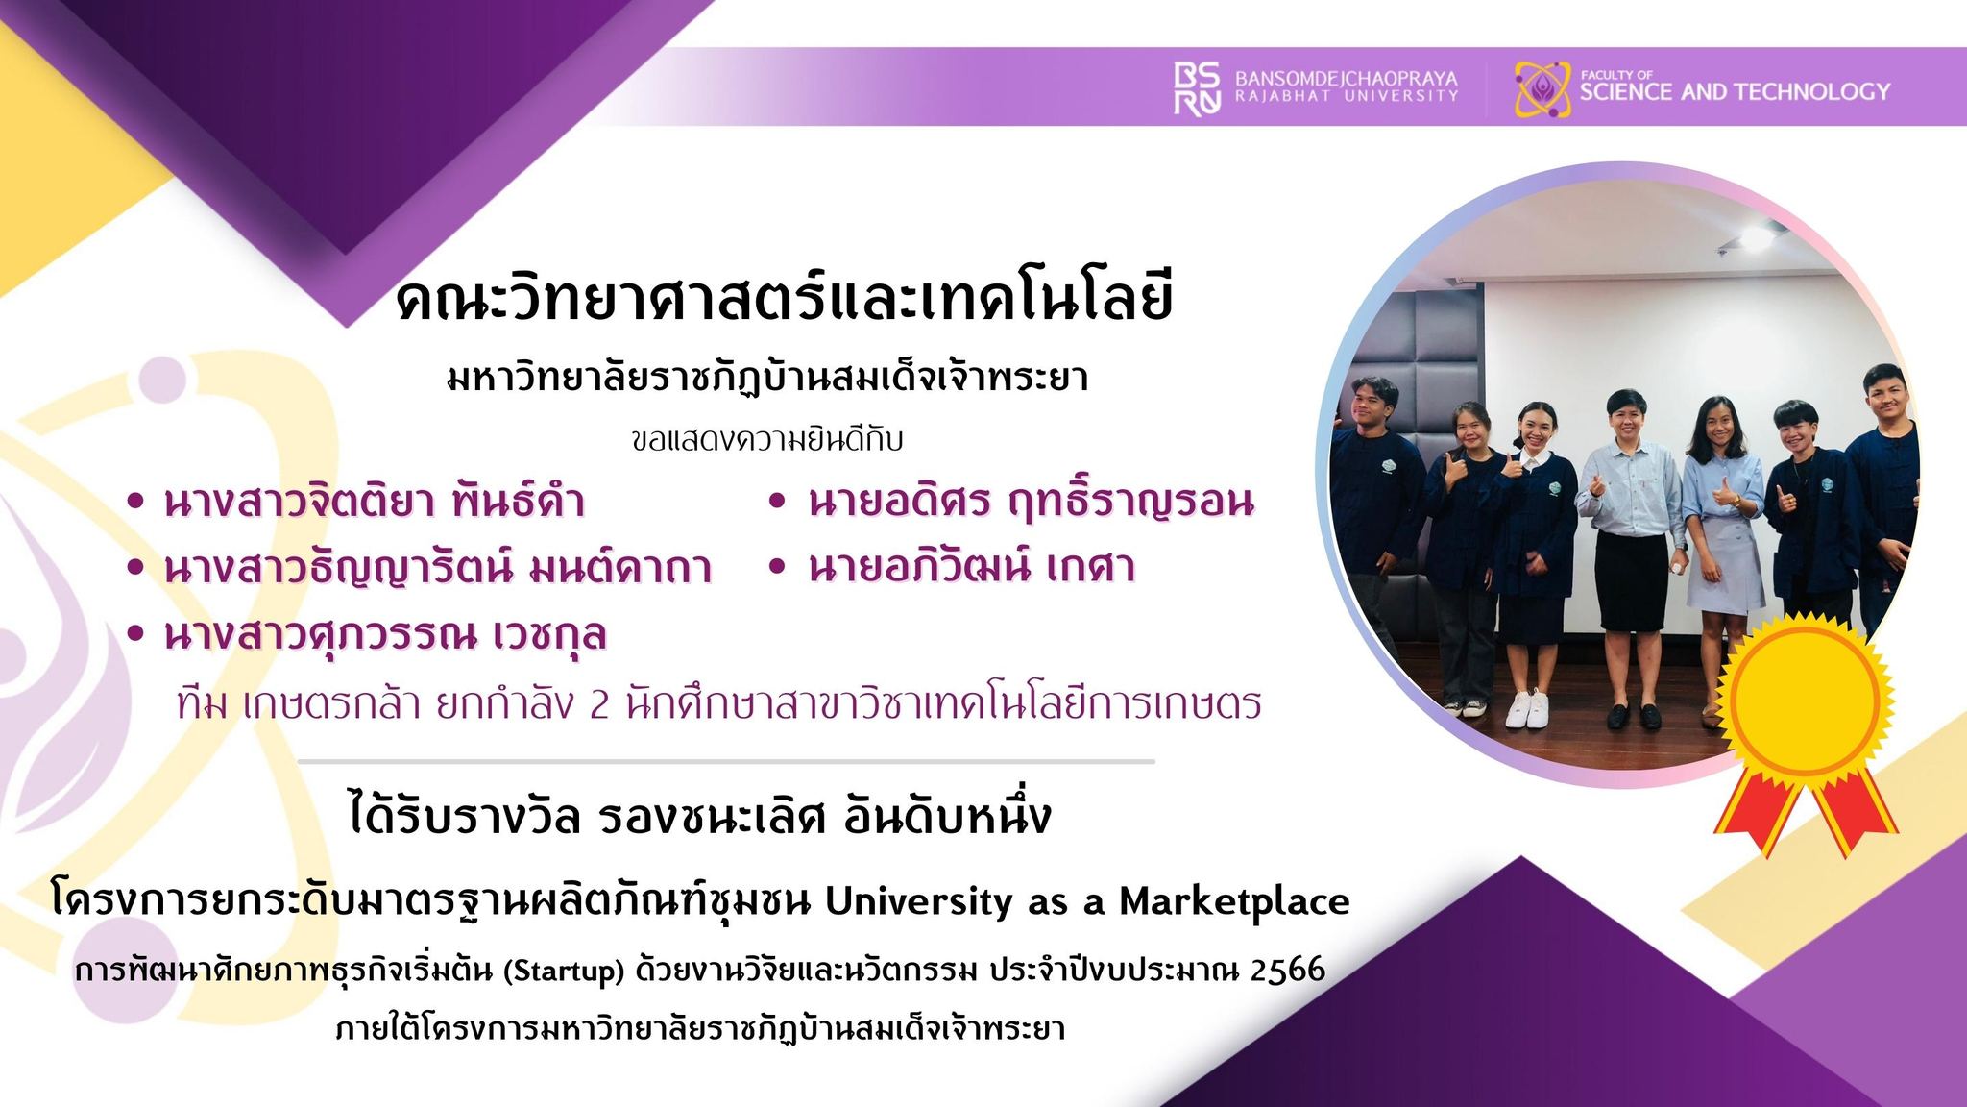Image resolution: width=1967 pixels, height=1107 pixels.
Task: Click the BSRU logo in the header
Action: tap(1197, 88)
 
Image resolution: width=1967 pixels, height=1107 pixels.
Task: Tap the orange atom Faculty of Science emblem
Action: tap(1542, 89)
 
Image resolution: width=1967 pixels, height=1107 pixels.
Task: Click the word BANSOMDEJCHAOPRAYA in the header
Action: tap(1346, 78)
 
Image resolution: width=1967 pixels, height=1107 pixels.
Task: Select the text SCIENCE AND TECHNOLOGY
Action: tap(1735, 92)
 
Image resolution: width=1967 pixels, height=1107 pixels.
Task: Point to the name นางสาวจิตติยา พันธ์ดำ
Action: tap(375, 502)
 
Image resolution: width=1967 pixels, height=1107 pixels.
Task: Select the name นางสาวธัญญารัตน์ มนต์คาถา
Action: tap(437, 567)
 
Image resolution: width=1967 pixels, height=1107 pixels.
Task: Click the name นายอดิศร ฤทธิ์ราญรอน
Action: tap(1032, 501)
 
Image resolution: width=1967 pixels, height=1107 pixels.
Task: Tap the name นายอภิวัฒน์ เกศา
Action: tap(971, 567)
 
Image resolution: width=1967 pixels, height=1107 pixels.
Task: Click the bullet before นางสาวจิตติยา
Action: tap(135, 502)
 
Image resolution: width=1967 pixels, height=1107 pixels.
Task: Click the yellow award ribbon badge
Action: tap(1803, 730)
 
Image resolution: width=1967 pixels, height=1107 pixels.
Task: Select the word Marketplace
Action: tap(1234, 902)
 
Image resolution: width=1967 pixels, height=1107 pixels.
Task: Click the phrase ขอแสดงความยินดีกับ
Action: tap(767, 441)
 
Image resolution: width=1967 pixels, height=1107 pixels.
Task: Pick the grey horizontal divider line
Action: tap(726, 761)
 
